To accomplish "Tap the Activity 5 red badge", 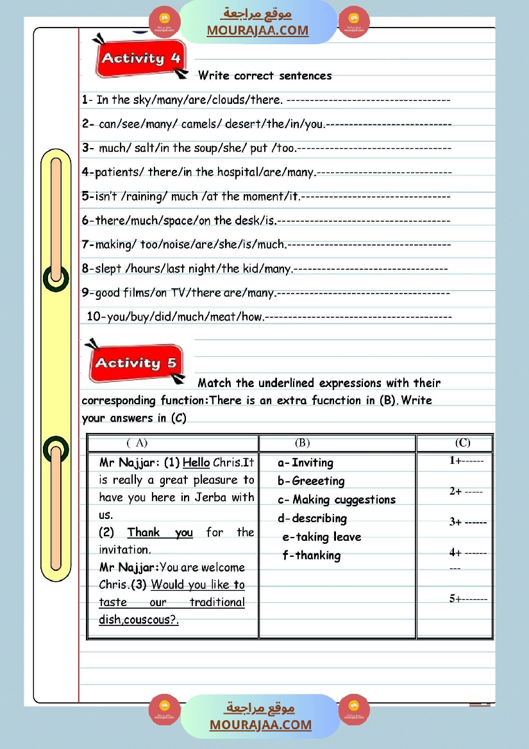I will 135,363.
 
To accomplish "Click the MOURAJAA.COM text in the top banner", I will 257,30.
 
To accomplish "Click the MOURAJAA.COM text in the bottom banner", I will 260,725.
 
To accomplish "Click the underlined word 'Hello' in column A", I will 196,463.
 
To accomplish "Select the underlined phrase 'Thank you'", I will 160,532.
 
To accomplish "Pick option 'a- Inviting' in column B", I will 306,463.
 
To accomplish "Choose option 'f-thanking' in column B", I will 312,556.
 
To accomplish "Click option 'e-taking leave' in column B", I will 322,537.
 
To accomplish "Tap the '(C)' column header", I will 462,443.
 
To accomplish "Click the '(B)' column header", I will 302,443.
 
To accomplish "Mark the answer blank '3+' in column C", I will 467,522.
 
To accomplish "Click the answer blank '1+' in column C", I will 466,460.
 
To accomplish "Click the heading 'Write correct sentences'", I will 265,76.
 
